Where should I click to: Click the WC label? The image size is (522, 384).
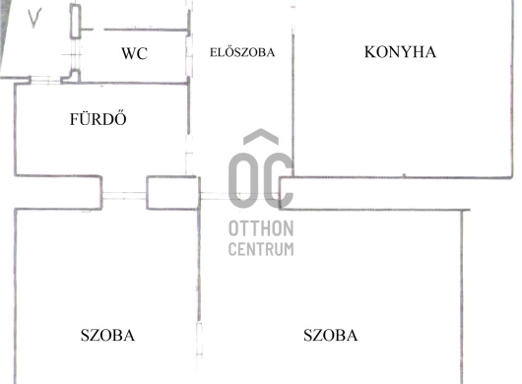135,54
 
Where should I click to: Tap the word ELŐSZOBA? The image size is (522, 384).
242,52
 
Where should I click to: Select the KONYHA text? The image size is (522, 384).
400,52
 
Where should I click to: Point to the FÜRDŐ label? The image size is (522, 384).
98,120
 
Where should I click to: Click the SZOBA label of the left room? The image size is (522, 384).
107,336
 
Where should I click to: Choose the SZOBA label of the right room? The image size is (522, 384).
330,336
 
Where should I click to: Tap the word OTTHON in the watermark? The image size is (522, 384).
260,228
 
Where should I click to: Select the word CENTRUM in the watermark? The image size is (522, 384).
260,249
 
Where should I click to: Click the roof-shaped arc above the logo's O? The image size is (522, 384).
260,139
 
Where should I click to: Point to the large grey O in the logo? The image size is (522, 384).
243,181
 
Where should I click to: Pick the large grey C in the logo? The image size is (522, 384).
279,181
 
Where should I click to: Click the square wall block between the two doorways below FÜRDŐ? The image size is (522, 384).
171,191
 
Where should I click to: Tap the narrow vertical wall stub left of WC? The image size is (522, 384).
75,21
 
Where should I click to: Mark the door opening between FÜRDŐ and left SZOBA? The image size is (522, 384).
124,193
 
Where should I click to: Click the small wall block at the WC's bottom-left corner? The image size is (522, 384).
71,75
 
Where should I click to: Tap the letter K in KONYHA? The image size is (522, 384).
371,52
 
